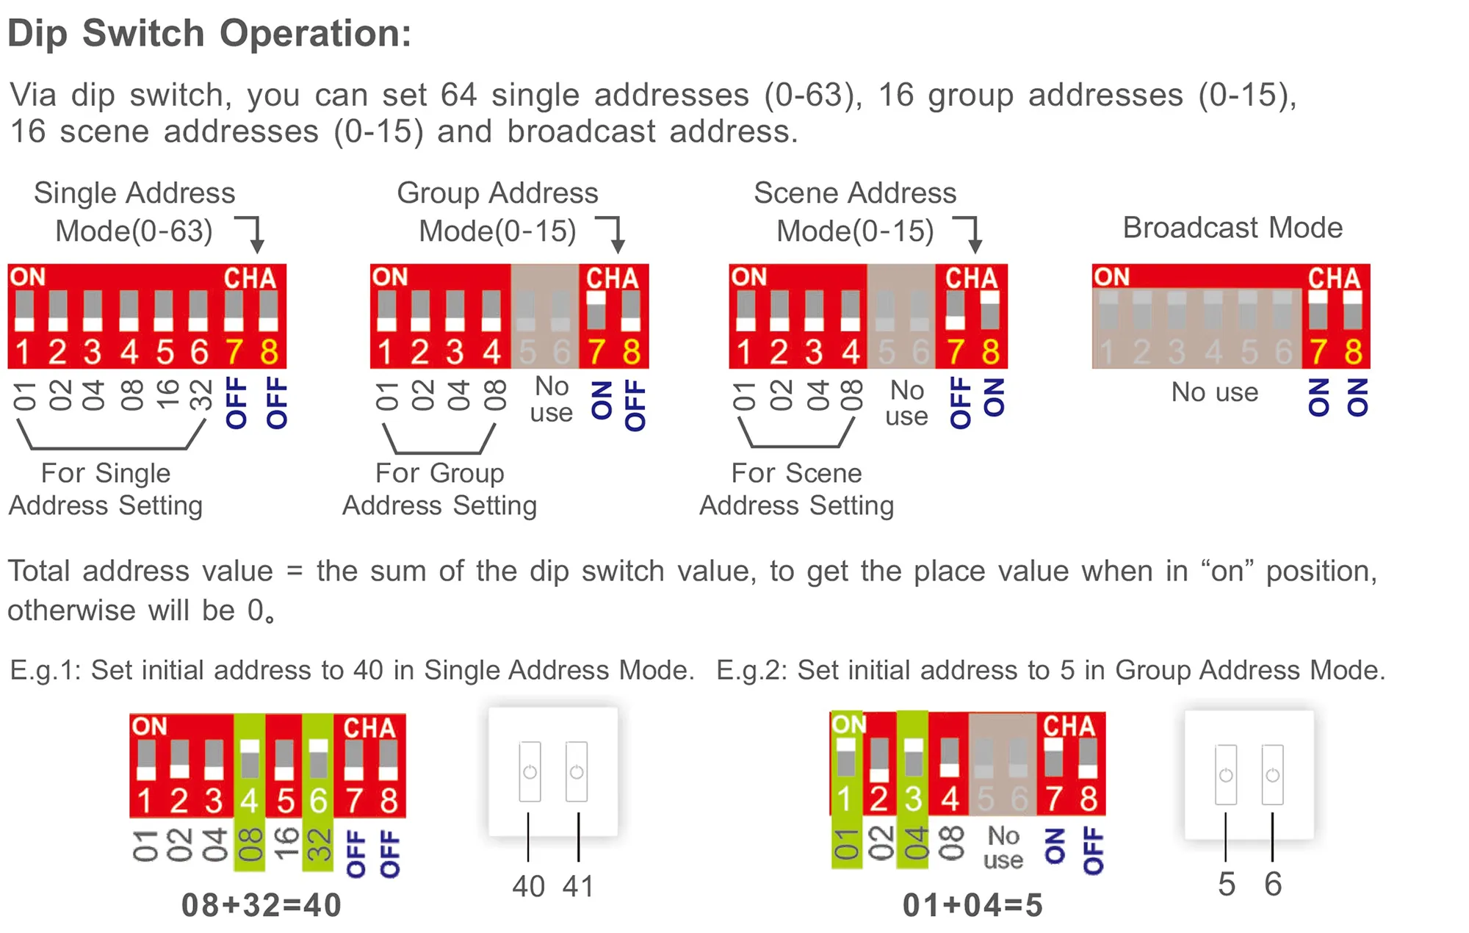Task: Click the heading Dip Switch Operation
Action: (x=209, y=34)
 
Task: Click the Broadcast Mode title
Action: (x=1232, y=228)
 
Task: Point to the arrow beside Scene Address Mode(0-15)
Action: (x=970, y=234)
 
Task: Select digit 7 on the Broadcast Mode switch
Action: (x=1318, y=353)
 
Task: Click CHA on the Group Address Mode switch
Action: (x=612, y=278)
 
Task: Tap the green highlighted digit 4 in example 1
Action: (x=249, y=801)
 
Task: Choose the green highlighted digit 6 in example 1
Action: (x=318, y=801)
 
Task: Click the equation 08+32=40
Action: (x=261, y=905)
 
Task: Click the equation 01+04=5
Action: (x=972, y=905)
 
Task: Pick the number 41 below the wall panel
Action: (x=578, y=886)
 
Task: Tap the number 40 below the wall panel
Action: (x=529, y=886)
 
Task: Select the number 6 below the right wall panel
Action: (x=1273, y=884)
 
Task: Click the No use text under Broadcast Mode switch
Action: (x=1214, y=392)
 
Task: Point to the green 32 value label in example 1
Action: (x=318, y=845)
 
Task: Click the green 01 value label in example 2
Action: (x=846, y=845)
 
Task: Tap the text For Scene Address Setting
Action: (x=797, y=489)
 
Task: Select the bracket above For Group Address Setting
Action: (x=439, y=441)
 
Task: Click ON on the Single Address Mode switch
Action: (x=28, y=277)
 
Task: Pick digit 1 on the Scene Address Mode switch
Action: (x=744, y=353)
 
